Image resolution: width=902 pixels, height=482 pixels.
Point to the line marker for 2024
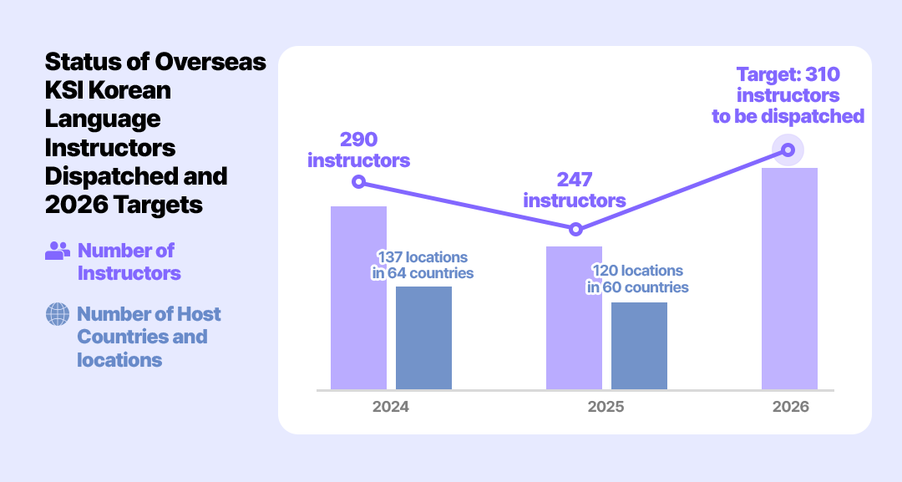click(x=358, y=181)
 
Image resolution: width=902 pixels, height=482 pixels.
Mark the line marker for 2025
click(x=575, y=229)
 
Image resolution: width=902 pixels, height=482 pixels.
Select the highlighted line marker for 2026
click(x=788, y=150)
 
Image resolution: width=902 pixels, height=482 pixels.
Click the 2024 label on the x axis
click(x=390, y=408)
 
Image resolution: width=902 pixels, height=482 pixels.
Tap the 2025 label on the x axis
click(x=606, y=408)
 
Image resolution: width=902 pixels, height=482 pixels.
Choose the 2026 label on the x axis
click(x=790, y=408)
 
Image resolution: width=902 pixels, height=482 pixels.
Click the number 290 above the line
click(x=358, y=139)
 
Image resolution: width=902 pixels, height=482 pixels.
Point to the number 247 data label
click(x=575, y=180)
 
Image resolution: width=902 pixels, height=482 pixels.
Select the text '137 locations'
click(x=423, y=256)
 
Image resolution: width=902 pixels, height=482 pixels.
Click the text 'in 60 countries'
click(x=637, y=287)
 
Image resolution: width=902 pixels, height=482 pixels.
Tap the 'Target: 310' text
click(x=788, y=74)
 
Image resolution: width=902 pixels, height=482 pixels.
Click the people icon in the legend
click(x=58, y=250)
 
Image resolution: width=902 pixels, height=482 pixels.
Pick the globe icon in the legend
click(x=58, y=314)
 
